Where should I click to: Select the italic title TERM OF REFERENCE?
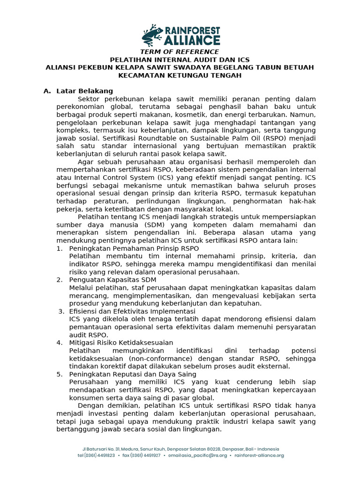tap(180, 52)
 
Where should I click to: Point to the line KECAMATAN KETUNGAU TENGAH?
tap(180, 75)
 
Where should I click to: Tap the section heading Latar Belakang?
tap(84, 91)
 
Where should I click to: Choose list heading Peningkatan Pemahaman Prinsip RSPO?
tap(134, 248)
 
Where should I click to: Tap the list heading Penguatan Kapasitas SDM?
tap(112, 280)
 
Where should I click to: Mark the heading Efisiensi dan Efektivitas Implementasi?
tap(132, 311)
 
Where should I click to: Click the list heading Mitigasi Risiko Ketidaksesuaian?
tap(121, 343)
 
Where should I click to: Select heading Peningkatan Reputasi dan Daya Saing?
tap(133, 374)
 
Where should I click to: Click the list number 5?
tap(60, 374)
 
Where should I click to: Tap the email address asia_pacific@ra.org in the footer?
tap(207, 455)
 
